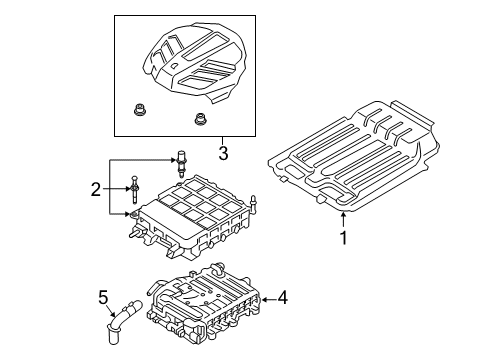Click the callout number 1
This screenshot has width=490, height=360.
click(343, 238)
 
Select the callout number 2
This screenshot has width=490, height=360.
click(94, 188)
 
